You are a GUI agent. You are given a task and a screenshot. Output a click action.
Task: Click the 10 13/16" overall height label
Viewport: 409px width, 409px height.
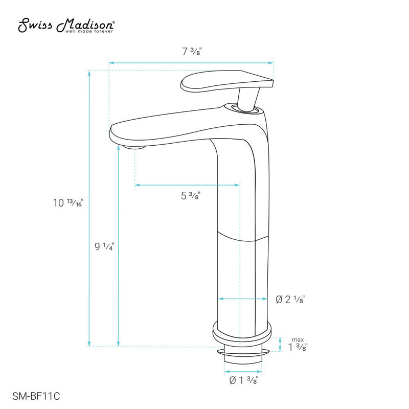coord(67,202)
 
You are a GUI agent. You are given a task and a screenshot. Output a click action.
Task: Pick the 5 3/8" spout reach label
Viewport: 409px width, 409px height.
coord(190,195)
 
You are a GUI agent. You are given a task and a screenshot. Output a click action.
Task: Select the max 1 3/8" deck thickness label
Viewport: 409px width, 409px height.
coord(297,346)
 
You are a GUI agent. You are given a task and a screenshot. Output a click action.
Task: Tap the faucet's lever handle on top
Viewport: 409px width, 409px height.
coord(225,82)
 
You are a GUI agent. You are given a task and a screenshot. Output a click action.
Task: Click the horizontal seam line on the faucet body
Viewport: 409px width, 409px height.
coord(243,236)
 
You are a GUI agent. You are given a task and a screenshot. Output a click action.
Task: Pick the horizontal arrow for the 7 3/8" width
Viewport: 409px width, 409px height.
coord(191,63)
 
